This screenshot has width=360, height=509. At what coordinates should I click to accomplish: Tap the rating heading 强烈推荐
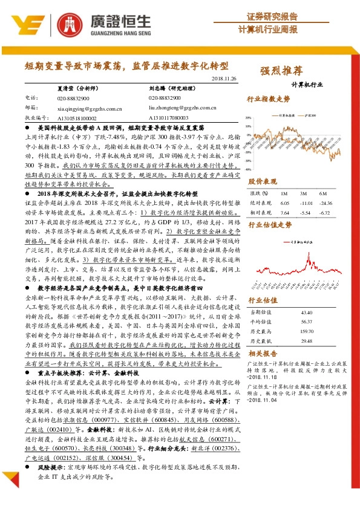[x=281, y=70]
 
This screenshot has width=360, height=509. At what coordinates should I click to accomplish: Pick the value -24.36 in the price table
[x=326, y=203]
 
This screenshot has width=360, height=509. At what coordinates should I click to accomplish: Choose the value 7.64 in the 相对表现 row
[x=284, y=213]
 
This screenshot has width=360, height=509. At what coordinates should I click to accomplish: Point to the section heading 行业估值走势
[x=270, y=225]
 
